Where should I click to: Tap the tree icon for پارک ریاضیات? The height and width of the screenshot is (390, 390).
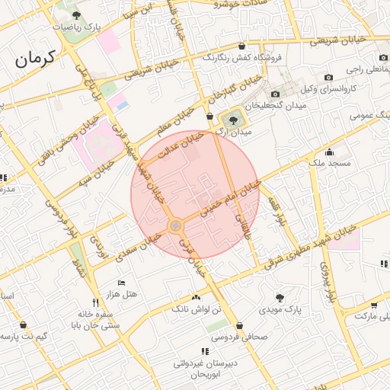pyautogui.click(x=75, y=14)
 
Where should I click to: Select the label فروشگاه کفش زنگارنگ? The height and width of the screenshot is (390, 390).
pyautogui.click(x=242, y=58)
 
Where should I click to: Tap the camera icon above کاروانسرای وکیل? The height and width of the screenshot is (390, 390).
pyautogui.click(x=328, y=77)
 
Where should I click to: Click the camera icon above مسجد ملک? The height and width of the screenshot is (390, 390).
pyautogui.click(x=328, y=152)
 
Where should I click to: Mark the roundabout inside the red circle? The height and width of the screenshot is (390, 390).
pyautogui.click(x=176, y=225)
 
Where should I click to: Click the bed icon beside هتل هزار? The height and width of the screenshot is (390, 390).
pyautogui.click(x=121, y=283)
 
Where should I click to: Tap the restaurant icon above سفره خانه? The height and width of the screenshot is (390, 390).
pyautogui.click(x=95, y=302)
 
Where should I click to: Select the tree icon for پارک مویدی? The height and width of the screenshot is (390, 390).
pyautogui.click(x=280, y=298)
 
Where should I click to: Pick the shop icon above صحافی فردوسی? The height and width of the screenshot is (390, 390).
pyautogui.click(x=231, y=325)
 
